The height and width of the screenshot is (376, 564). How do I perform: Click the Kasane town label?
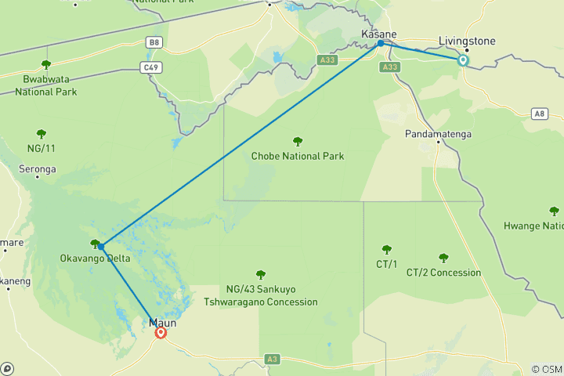click(379, 34)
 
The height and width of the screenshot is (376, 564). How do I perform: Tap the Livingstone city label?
click(467, 40)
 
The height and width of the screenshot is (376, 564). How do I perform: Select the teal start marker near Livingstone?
click(463, 60)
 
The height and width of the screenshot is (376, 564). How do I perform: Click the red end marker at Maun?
click(161, 333)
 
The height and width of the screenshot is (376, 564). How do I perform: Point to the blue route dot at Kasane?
click(381, 44)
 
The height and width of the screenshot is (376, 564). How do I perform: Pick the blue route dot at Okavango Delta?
click(100, 247)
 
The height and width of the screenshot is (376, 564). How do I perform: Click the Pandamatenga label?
click(438, 135)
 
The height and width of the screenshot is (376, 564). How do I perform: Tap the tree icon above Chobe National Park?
click(298, 142)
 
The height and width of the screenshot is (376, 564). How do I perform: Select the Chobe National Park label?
click(298, 156)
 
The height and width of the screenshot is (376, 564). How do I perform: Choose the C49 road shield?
click(152, 67)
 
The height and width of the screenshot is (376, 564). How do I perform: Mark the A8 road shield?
click(538, 114)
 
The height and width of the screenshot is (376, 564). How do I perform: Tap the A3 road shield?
click(272, 359)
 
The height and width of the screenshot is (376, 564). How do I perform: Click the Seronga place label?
click(38, 168)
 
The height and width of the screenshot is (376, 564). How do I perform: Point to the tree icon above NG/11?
click(41, 134)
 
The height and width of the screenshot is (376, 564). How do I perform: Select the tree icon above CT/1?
click(385, 249)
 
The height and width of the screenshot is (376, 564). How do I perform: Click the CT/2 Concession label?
click(443, 273)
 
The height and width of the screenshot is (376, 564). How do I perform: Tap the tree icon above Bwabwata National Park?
click(45, 65)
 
